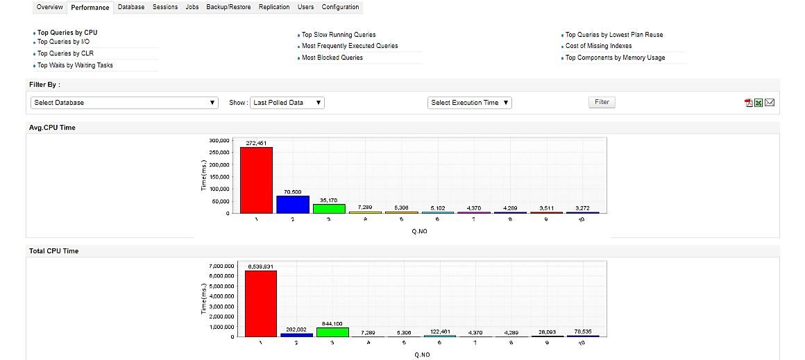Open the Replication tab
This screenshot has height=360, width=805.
[274, 7]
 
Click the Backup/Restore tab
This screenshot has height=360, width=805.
[228, 7]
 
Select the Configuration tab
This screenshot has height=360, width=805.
[340, 7]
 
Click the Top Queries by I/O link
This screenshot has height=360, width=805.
[63, 42]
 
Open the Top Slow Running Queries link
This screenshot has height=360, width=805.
[339, 35]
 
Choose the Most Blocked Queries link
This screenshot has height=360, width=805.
[332, 58]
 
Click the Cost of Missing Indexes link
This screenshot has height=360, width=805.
[598, 46]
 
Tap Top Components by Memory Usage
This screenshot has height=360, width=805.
[615, 58]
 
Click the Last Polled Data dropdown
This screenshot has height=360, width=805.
[287, 103]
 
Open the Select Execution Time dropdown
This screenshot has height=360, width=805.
[470, 103]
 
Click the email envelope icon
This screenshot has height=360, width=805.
[770, 103]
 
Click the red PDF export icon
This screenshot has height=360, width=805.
[749, 103]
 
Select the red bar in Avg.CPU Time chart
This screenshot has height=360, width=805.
[256, 180]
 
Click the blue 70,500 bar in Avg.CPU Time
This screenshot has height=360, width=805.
[292, 205]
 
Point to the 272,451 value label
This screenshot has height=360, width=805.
[256, 143]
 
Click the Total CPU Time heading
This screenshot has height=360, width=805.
[53, 251]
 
